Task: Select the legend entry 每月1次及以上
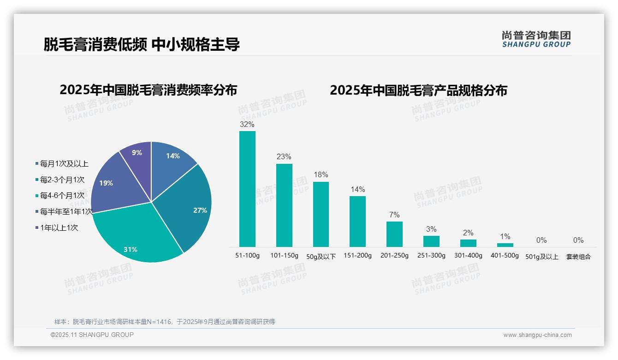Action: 64,164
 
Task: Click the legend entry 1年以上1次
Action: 59,228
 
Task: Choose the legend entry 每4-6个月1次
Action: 62,196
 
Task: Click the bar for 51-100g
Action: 247,189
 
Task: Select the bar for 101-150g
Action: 284,205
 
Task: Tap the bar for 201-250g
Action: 394,234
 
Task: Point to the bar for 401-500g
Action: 505,245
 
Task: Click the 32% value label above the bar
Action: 247,124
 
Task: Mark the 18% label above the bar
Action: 321,175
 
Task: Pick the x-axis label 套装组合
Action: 578,257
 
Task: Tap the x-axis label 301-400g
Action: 468,256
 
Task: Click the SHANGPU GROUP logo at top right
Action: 536,39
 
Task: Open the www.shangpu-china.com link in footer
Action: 537,335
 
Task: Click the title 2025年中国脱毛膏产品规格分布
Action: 418,90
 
